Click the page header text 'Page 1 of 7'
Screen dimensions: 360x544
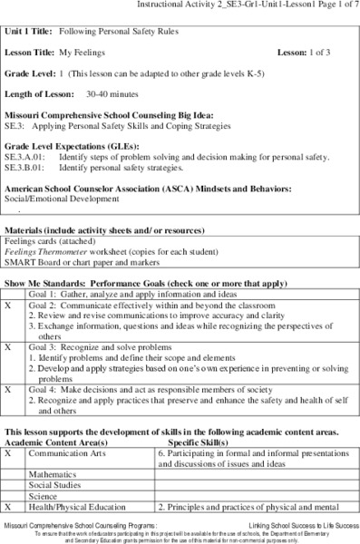coord(333,5)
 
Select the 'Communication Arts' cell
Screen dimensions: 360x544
coord(68,451)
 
